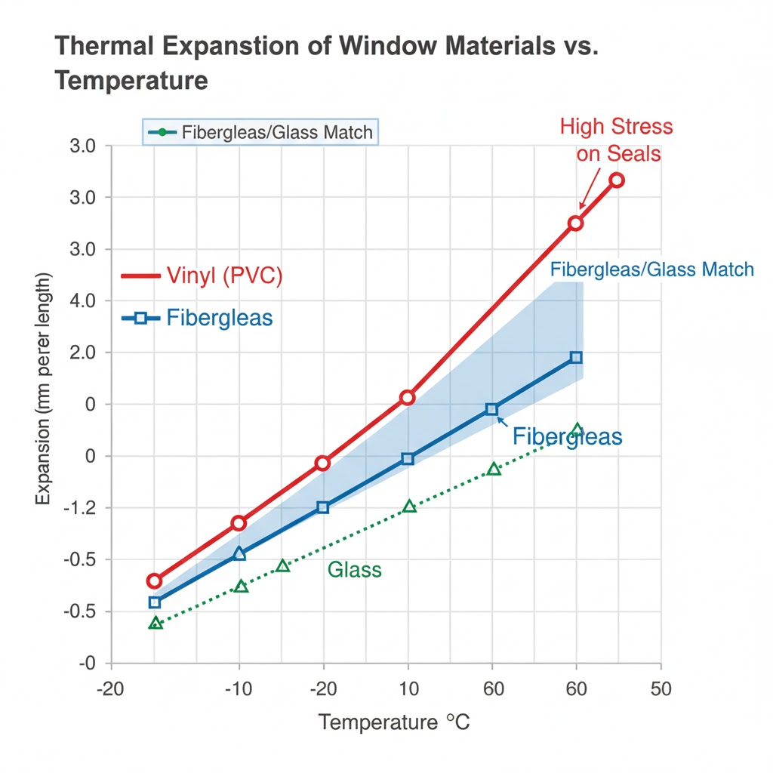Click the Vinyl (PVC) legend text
pyautogui.click(x=223, y=276)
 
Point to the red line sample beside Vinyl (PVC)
pyautogui.click(x=140, y=276)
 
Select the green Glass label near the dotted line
pyautogui.click(x=355, y=570)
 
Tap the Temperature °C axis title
pyautogui.click(x=394, y=722)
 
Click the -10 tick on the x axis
pyautogui.click(x=239, y=689)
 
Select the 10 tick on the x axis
pyautogui.click(x=408, y=689)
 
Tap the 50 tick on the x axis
pyautogui.click(x=661, y=689)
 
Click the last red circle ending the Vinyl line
pyautogui.click(x=617, y=180)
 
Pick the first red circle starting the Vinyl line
pyautogui.click(x=154, y=581)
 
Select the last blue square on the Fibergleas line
pyautogui.click(x=576, y=357)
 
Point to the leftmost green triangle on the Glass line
pyautogui.click(x=156, y=624)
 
